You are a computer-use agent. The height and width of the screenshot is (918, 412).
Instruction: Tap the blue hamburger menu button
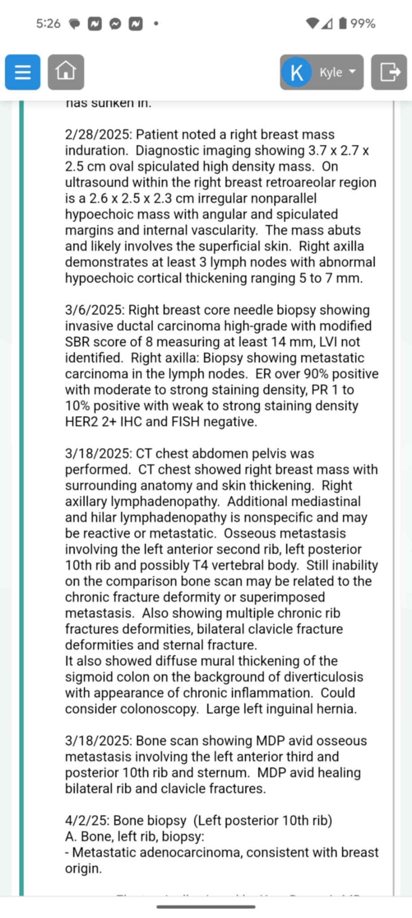click(22, 72)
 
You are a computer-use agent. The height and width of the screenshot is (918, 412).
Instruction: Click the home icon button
click(65, 72)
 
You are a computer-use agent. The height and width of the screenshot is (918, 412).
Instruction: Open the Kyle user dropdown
click(321, 72)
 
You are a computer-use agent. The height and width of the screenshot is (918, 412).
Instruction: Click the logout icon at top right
click(389, 72)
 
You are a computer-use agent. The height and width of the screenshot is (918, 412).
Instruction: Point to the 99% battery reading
click(362, 23)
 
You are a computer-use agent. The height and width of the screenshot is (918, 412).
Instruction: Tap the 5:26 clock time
click(48, 23)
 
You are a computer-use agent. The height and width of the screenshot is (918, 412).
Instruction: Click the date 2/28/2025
click(98, 134)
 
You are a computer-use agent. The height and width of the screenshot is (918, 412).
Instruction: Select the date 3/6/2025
click(95, 310)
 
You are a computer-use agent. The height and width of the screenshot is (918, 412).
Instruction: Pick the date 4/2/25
click(87, 820)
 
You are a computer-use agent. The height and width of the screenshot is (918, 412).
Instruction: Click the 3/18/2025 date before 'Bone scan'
click(98, 740)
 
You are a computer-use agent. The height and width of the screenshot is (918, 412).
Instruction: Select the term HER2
click(81, 422)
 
